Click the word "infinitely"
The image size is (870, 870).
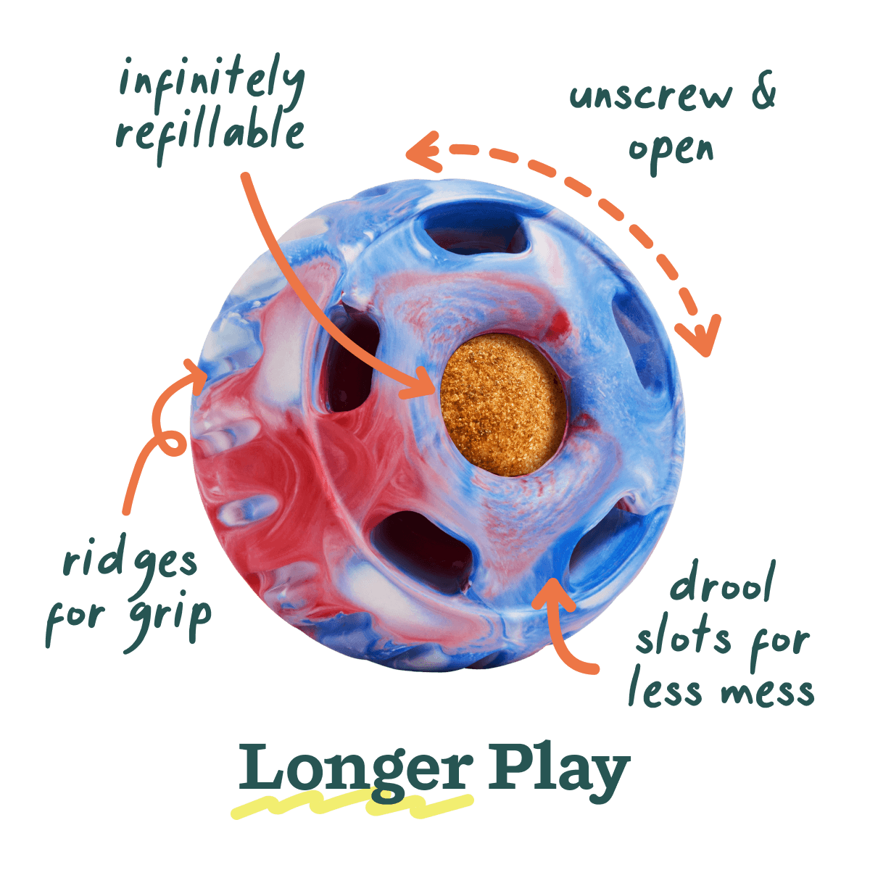[x=212, y=83]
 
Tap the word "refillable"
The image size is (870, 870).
[x=210, y=135]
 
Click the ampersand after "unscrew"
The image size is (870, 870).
[x=763, y=90]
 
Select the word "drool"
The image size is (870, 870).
[x=723, y=581]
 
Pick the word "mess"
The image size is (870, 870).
[x=768, y=692]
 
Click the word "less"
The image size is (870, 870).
[x=666, y=687]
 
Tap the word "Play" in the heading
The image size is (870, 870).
[x=559, y=772]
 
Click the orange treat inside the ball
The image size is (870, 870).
[x=502, y=405]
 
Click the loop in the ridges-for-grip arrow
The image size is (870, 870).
[x=170, y=442]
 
